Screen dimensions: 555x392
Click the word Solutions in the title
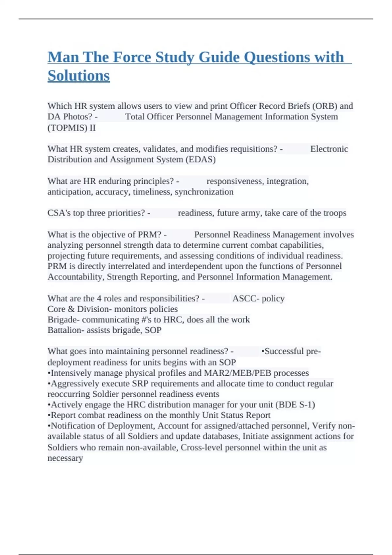click(x=79, y=76)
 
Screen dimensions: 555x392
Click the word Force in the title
click(x=130, y=57)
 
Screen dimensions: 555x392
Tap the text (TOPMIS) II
click(x=72, y=128)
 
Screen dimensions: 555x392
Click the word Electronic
click(x=329, y=149)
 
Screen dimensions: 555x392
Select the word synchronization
click(x=204, y=192)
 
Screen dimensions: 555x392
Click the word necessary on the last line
click(x=65, y=458)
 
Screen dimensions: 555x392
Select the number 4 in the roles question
click(x=99, y=298)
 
